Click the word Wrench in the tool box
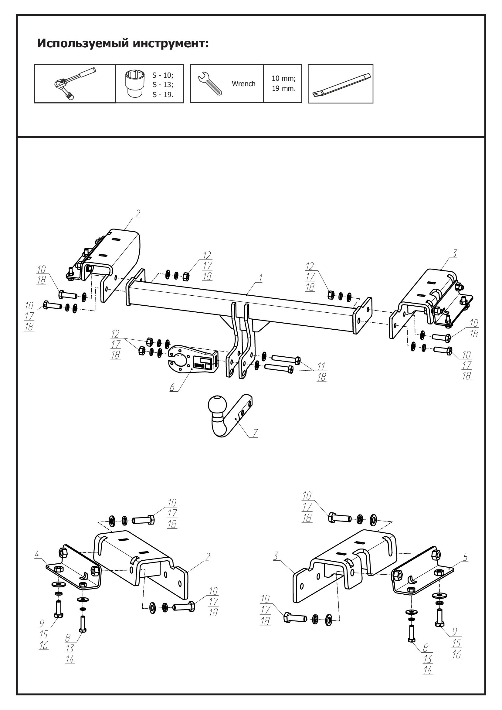[x=244, y=84]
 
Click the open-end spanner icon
[x=210, y=83]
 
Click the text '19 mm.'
[x=283, y=88]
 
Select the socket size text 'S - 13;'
[x=163, y=85]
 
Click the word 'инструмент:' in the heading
[x=171, y=43]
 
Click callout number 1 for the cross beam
[x=260, y=278]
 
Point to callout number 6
[x=172, y=387]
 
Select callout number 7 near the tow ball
[x=255, y=433]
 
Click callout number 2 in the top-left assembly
[x=138, y=213]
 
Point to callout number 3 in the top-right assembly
[x=454, y=253]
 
